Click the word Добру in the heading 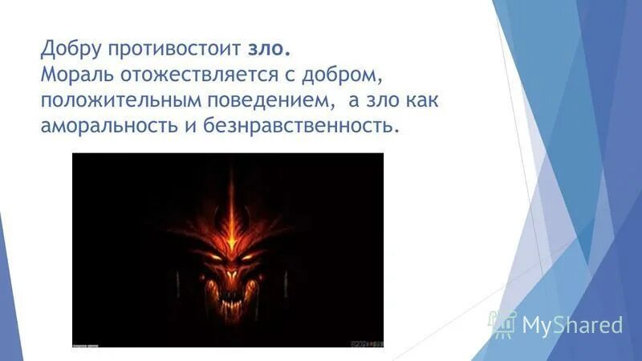click(73, 51)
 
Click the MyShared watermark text click(572, 325)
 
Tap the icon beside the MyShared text click(504, 323)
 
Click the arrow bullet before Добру click(26, 50)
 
